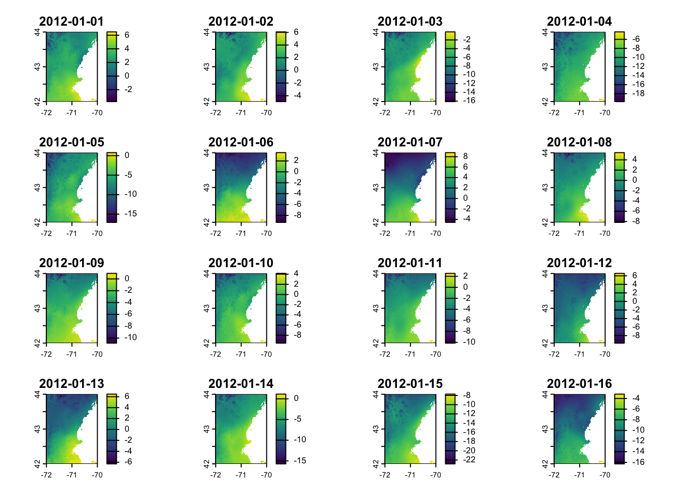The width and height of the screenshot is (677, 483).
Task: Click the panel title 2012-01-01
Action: [71, 22]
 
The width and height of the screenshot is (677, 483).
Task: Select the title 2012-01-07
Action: [410, 142]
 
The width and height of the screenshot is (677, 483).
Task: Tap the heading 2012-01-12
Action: [579, 263]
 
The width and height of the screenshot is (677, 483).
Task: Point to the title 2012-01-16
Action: [579, 384]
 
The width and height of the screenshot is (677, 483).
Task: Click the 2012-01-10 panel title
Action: [240, 263]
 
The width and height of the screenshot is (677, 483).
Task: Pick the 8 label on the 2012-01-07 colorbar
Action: [465, 156]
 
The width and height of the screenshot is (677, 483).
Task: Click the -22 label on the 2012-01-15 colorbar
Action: [469, 459]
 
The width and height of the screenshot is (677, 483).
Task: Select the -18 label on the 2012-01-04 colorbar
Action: [638, 93]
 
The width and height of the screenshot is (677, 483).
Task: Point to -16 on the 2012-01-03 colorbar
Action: [469, 100]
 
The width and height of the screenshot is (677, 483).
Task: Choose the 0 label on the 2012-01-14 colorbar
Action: [296, 398]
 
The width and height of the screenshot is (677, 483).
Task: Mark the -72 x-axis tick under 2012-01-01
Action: [46, 113]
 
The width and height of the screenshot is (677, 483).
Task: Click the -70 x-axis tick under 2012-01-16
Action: [605, 475]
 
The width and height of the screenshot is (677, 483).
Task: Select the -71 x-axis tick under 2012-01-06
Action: [241, 233]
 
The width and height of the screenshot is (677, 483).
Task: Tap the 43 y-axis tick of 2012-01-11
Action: [376, 308]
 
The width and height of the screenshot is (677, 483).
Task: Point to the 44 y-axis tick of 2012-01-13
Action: [37, 395]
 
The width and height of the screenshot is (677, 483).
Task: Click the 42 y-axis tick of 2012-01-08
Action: [545, 222]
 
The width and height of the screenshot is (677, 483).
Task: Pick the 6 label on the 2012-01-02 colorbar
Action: [296, 32]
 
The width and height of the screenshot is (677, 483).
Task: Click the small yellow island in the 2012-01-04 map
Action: [601, 100]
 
